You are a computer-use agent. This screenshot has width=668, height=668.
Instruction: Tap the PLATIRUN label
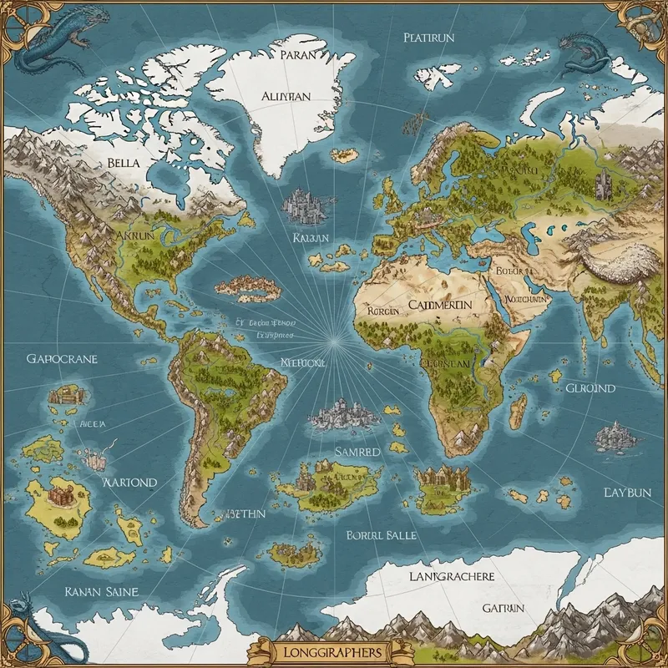point(428,37)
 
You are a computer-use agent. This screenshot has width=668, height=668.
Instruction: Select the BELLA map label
point(124,163)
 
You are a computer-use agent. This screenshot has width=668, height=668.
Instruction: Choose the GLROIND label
point(590,388)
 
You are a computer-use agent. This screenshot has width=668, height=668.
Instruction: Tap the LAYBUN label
point(626,492)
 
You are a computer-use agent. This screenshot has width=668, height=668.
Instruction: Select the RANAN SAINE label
point(101,591)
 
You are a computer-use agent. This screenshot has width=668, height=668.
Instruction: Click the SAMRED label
point(357,451)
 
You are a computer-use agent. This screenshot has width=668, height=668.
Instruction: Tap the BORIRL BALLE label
point(381,534)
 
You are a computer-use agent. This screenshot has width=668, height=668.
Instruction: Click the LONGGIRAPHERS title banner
point(333,650)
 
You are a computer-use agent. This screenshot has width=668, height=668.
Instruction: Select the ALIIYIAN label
point(286,96)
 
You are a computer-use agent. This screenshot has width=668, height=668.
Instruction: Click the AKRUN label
point(134,236)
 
